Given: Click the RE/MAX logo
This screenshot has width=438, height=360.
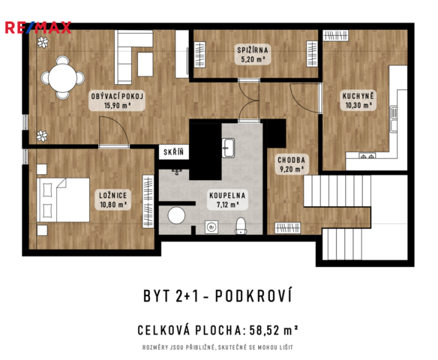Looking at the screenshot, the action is tap(38, 28).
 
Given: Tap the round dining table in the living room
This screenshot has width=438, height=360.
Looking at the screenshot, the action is tap(62, 77).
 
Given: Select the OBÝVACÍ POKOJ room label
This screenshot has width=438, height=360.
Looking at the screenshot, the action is tap(117, 97).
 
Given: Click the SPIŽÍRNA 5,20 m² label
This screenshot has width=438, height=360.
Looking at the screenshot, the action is tap(253, 55).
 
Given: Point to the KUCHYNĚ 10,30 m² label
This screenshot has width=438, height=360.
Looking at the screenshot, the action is tap(358, 100).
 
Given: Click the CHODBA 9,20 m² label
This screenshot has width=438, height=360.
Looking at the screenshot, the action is tap(291, 164).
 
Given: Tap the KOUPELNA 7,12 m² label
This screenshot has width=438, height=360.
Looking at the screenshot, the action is tap(227, 199).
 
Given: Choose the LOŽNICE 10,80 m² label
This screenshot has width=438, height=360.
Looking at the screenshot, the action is tap(113, 199).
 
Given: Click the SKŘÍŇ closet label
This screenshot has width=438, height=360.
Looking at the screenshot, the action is tap(174, 152).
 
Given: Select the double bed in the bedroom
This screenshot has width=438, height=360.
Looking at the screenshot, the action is tap(63, 200).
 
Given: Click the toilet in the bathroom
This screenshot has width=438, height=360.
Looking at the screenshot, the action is tap(241, 226).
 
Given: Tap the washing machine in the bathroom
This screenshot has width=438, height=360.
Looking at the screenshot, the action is tap(211, 226).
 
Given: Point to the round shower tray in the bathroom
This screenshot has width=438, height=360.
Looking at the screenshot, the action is tap(176, 215).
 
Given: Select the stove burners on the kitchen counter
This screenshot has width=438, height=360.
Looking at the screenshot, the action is tap(367, 155).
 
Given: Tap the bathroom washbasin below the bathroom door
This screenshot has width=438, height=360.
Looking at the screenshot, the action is tap(228, 148).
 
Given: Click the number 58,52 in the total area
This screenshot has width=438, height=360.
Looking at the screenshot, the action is tap(264, 331).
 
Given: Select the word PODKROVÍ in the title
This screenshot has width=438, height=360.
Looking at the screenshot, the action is tap(253, 295).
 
